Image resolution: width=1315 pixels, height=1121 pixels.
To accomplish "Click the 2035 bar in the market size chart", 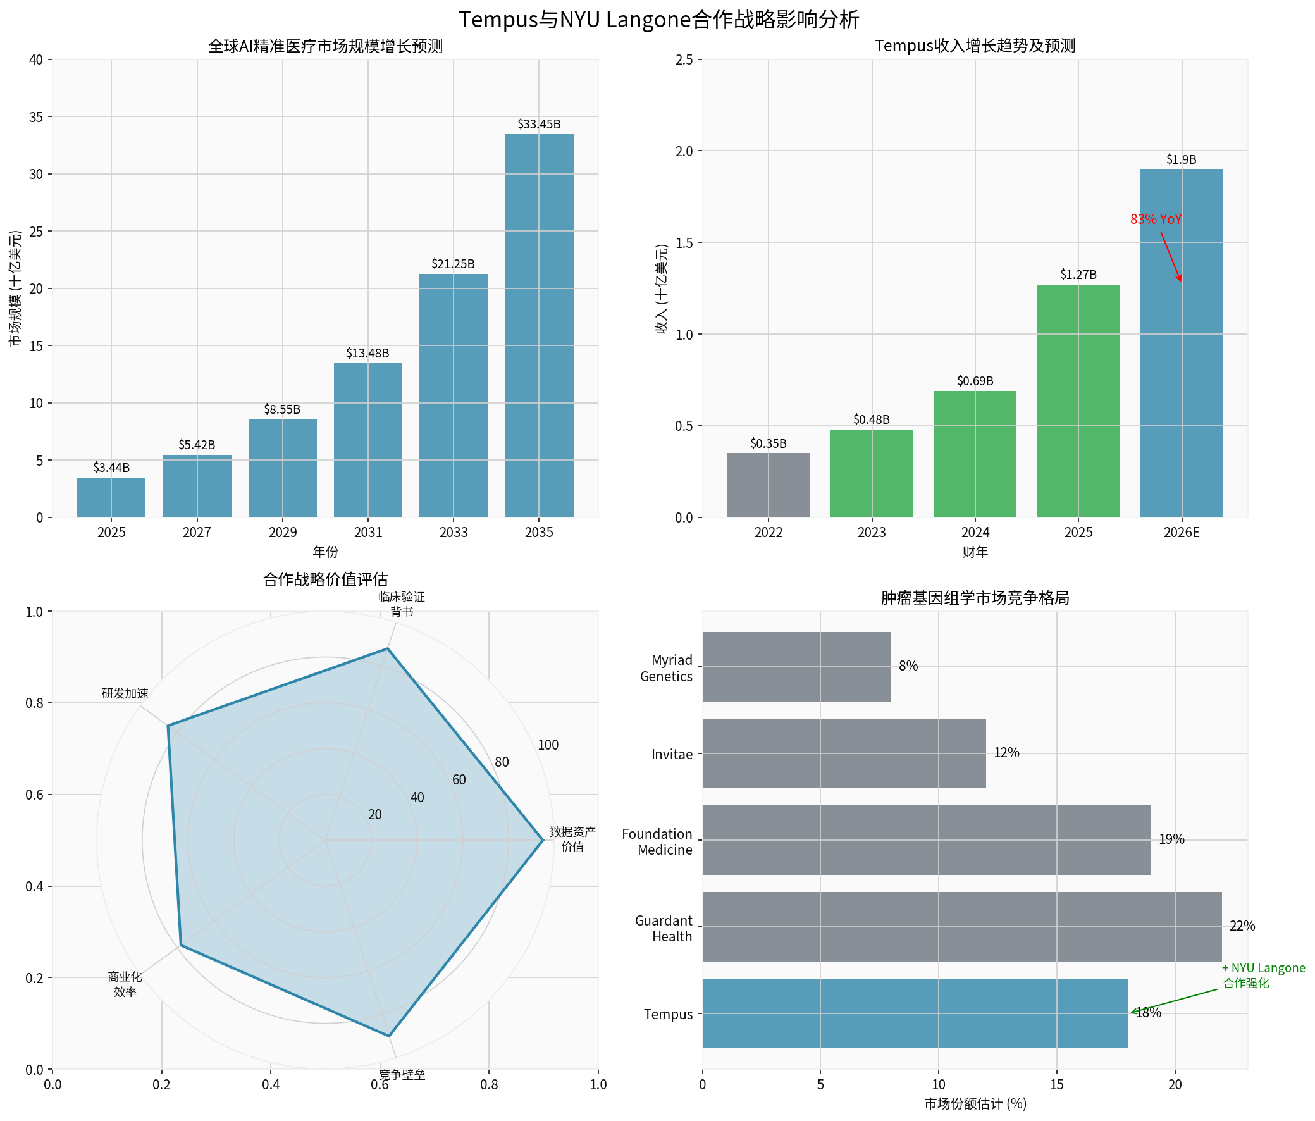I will pos(539,325).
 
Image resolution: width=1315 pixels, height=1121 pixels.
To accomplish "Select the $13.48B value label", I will pos(367,353).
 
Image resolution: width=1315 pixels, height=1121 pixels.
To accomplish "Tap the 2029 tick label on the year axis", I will pos(283,533).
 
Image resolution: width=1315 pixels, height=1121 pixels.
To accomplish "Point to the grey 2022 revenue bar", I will pos(768,485).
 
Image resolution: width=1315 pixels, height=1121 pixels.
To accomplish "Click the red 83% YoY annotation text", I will pos(1156,220).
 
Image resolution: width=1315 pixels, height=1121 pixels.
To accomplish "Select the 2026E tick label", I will pos(1181,533).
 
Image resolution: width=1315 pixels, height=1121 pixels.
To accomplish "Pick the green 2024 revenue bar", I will pos(975,454).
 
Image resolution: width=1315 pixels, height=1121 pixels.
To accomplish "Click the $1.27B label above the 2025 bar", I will pos(1078,275).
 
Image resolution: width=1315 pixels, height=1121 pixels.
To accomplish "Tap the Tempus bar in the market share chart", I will pos(915,1013).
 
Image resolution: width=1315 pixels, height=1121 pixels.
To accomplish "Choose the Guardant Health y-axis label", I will pos(664,929).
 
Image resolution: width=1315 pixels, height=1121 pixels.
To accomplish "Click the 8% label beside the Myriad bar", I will pos(908,666).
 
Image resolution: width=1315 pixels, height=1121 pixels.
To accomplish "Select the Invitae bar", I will pos(844,753).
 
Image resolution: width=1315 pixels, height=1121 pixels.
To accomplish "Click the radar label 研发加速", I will pos(125,694).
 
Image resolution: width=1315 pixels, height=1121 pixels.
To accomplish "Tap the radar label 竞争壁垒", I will pos(402,1075).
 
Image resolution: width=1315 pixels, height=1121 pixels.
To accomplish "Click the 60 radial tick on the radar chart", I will pos(459,779).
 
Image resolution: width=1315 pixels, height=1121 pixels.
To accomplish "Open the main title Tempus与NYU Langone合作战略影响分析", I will pos(658,20).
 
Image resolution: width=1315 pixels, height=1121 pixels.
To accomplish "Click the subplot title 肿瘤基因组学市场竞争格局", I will pos(975,598).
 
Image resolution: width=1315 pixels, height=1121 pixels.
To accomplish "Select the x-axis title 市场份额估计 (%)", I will pos(975,1104).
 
